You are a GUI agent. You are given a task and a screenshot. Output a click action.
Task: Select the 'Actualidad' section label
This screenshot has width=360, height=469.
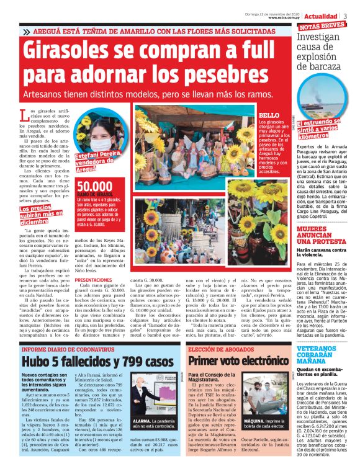321,16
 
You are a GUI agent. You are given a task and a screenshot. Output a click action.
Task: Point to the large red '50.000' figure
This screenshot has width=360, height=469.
95,187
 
